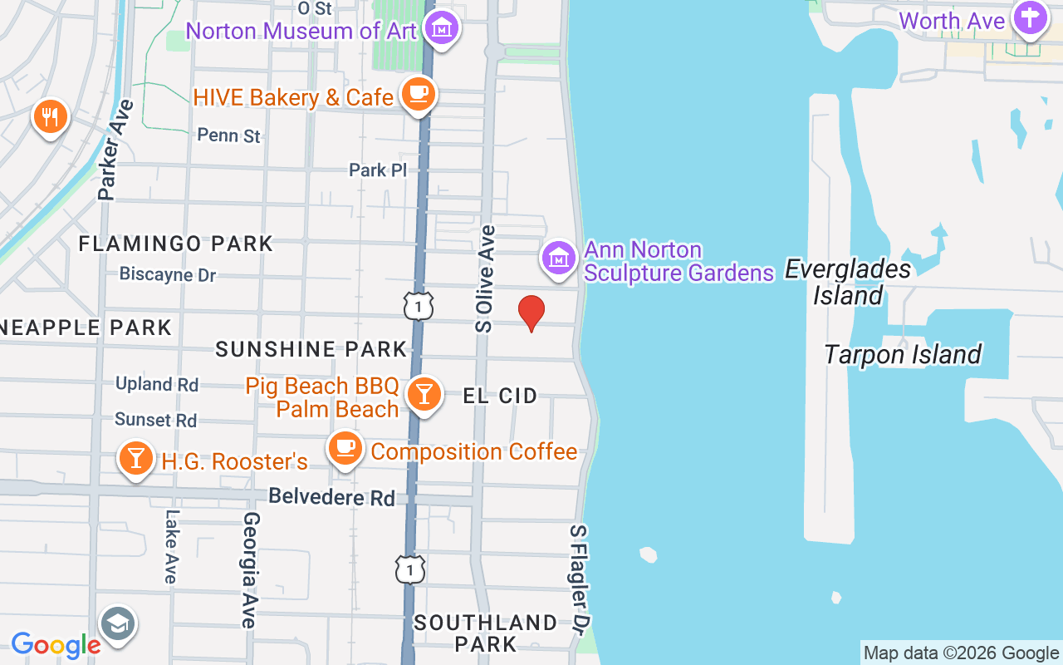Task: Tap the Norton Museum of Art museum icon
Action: tap(441, 28)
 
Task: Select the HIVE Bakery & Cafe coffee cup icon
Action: tap(418, 95)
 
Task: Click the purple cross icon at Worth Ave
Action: tap(1030, 19)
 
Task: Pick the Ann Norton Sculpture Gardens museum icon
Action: tap(560, 259)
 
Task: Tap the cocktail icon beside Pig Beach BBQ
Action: tap(424, 394)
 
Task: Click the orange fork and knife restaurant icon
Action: tap(51, 116)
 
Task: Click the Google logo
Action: tap(56, 644)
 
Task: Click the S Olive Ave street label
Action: tap(485, 279)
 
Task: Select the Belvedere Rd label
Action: tap(331, 497)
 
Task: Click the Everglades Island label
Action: tap(847, 282)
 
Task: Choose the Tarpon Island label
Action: tap(903, 354)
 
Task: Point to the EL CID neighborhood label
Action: tap(500, 396)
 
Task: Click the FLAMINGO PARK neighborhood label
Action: tap(175, 244)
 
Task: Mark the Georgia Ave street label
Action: tap(250, 569)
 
